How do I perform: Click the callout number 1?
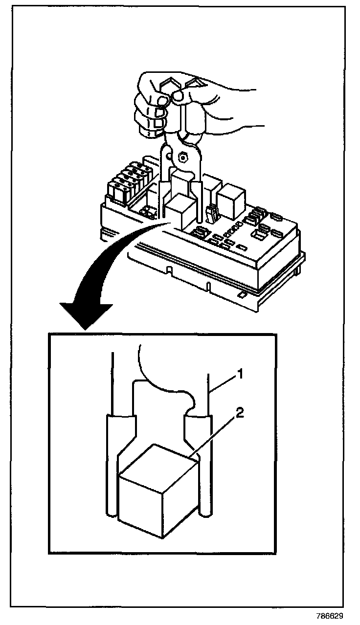pyautogui.click(x=240, y=374)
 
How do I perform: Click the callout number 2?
pyautogui.click(x=239, y=414)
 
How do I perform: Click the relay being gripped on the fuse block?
pyautogui.click(x=179, y=210)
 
